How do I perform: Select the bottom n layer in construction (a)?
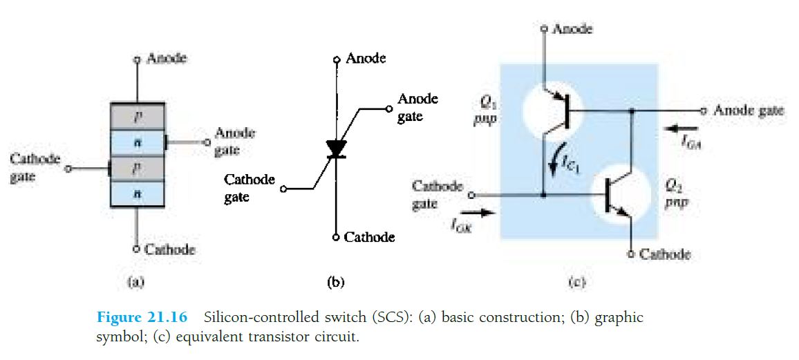pyautogui.click(x=137, y=194)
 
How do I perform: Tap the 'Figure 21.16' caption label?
pyautogui.click(x=142, y=318)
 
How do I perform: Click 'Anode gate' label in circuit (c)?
pyautogui.click(x=749, y=111)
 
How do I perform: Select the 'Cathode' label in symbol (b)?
pyautogui.click(x=369, y=237)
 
